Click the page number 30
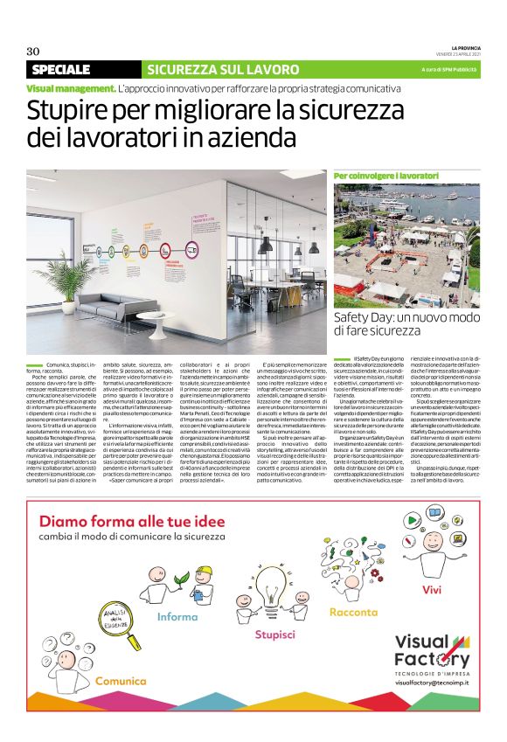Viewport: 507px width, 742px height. pos(33,51)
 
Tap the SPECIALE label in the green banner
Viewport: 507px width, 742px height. pos(61,69)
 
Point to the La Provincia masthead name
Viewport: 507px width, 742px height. pos(463,46)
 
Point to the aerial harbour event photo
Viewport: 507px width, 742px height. pos(406,246)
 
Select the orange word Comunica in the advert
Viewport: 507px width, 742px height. pos(121,679)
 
